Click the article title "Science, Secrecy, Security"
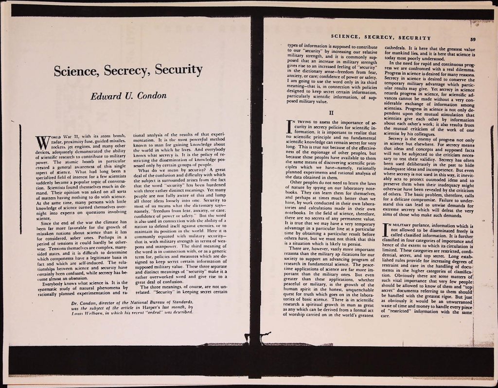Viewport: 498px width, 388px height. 128,71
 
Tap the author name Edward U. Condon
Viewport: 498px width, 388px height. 128,96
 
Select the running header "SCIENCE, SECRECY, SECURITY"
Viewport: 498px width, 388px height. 380,37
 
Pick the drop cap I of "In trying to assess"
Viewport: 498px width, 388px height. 291,128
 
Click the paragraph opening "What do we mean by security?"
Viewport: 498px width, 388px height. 156,170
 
